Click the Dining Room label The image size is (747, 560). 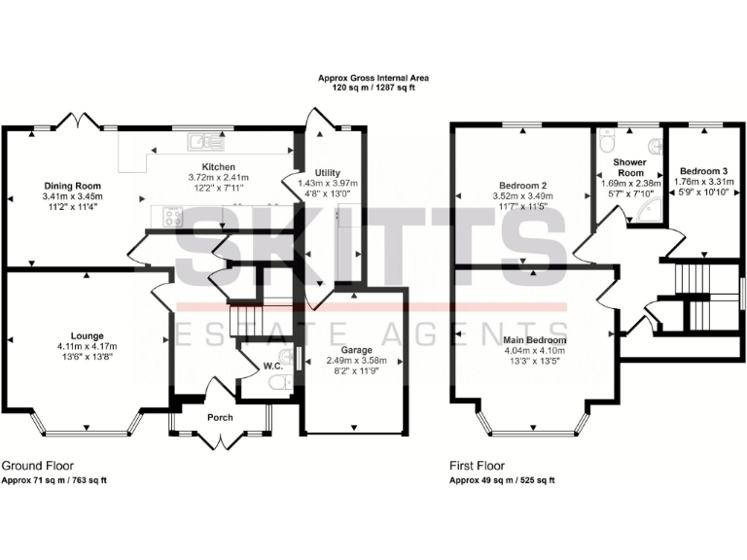[x=72, y=185]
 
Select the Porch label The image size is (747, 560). [x=221, y=417]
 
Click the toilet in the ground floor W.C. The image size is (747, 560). [x=282, y=385]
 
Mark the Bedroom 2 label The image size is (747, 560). [x=523, y=185]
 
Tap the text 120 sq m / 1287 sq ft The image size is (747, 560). [x=373, y=87]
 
